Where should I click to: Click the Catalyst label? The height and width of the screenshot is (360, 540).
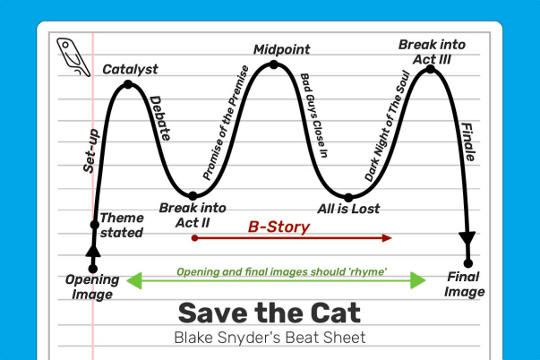130,68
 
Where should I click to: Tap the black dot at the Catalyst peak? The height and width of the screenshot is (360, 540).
128,85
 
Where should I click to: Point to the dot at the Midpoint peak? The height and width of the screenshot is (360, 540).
275,64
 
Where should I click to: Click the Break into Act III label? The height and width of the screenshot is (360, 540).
432,51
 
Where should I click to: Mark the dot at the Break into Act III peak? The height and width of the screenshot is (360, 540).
430,69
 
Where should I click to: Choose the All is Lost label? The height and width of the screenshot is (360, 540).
349,210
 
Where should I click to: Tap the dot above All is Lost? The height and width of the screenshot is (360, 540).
349,197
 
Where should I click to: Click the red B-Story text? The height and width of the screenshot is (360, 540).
279,227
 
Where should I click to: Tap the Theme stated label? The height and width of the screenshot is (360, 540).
121,225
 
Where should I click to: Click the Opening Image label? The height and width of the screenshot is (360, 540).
91,287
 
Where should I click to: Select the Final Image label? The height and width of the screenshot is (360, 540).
465,284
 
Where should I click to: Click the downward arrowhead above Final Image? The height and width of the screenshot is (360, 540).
467,237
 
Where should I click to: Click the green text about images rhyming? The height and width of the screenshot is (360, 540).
276,271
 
